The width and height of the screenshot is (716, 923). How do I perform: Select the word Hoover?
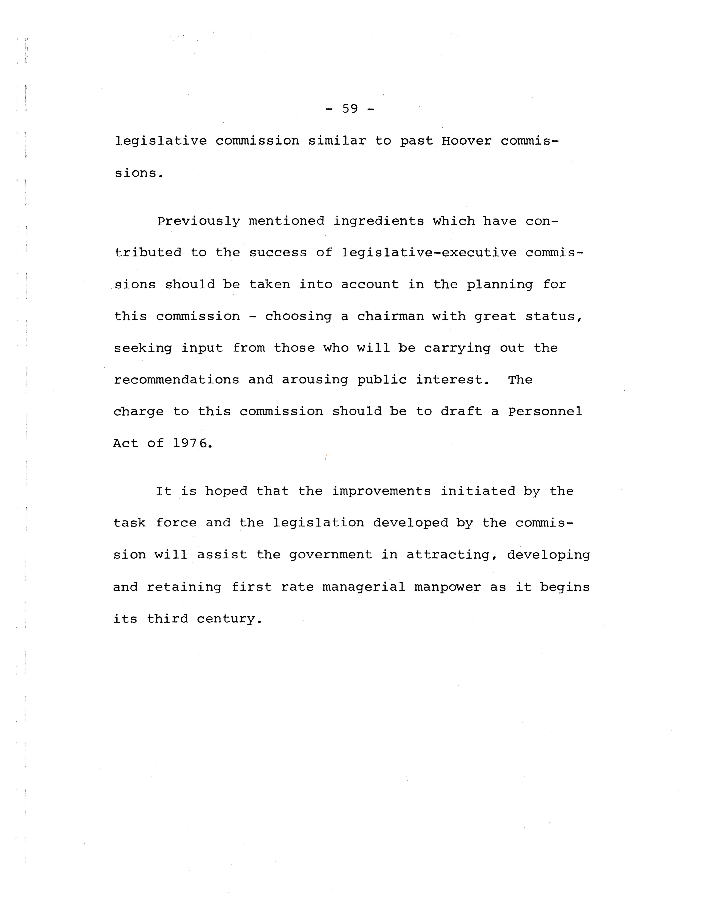466,141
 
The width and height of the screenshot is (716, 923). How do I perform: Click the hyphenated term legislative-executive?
429,253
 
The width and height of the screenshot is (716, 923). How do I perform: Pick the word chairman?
390,316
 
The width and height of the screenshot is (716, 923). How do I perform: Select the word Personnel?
545,411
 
